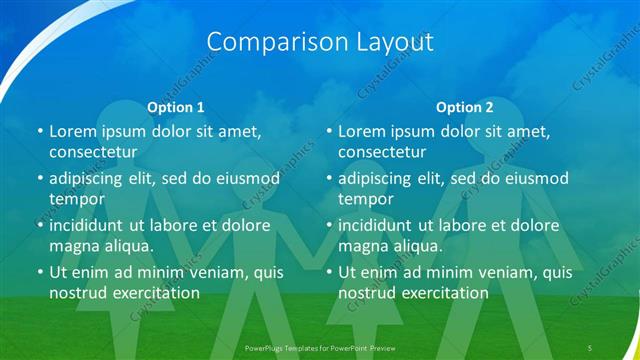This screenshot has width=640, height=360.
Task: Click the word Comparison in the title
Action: (268, 42)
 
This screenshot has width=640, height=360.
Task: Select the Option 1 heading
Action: (176, 107)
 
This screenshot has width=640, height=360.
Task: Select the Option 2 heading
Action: (465, 107)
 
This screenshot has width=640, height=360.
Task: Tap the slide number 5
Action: (590, 347)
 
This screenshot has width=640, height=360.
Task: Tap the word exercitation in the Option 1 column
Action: (151, 293)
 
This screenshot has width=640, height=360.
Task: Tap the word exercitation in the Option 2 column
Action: (440, 293)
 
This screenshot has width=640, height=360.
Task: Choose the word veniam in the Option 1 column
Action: (209, 272)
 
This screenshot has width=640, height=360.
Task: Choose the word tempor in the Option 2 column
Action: (364, 198)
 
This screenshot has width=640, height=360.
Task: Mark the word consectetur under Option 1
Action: (92, 152)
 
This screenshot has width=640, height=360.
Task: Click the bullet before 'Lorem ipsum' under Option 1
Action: (39, 131)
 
